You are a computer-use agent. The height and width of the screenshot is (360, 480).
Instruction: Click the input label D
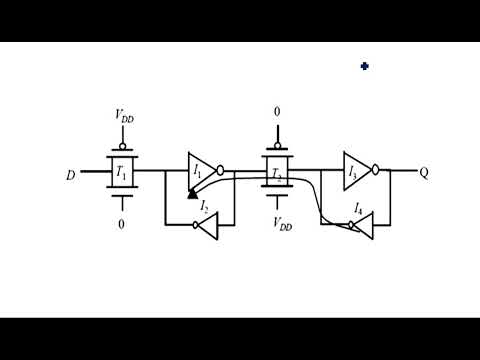tap(70, 176)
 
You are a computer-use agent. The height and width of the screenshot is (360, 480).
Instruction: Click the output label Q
tap(423, 172)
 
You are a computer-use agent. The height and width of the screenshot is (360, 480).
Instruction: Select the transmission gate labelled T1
tap(122, 172)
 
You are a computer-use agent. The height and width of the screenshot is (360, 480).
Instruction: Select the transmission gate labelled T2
tap(277, 172)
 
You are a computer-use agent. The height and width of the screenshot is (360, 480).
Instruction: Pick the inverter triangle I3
tap(355, 171)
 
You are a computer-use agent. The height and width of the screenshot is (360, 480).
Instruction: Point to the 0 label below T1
tap(122, 225)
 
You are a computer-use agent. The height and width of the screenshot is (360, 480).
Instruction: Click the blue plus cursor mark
tap(365, 66)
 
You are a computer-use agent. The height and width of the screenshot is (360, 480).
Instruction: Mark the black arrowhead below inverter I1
tap(191, 192)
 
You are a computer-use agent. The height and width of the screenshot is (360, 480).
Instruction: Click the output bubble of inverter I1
tap(220, 171)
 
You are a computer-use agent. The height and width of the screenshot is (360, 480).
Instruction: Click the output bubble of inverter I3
tap(375, 171)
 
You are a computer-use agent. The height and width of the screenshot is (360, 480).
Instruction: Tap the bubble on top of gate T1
tap(122, 144)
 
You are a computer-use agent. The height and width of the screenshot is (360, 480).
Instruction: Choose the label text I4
tap(358, 208)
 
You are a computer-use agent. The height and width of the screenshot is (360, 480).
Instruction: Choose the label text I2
tap(204, 206)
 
